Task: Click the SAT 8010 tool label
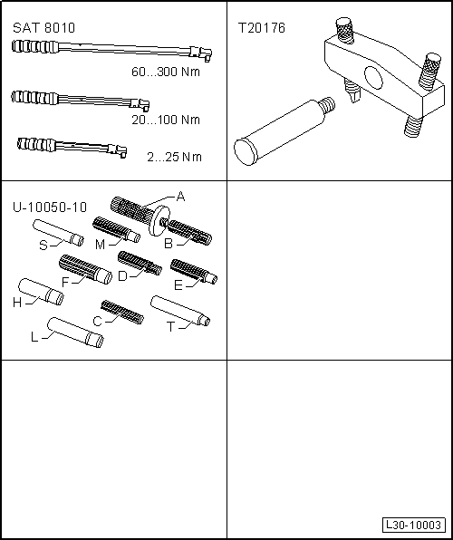click(x=43, y=28)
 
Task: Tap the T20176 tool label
click(x=262, y=28)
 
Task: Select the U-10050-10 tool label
click(x=50, y=207)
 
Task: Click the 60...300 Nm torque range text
click(x=166, y=72)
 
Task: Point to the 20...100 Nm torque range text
click(x=166, y=120)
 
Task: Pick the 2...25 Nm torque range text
click(x=174, y=157)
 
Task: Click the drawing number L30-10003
click(x=414, y=525)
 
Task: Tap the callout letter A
click(x=180, y=197)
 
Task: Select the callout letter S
click(x=43, y=246)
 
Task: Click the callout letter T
click(x=171, y=326)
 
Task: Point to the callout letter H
click(x=17, y=303)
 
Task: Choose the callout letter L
click(x=34, y=337)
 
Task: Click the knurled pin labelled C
click(x=122, y=313)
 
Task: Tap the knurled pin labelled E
click(x=194, y=272)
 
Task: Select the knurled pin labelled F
click(x=85, y=269)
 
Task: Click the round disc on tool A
click(x=159, y=221)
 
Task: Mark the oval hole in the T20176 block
click(x=373, y=79)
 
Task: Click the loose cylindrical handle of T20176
click(x=284, y=131)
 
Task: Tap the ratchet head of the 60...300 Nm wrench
click(x=201, y=53)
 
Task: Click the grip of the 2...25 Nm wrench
click(x=36, y=144)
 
